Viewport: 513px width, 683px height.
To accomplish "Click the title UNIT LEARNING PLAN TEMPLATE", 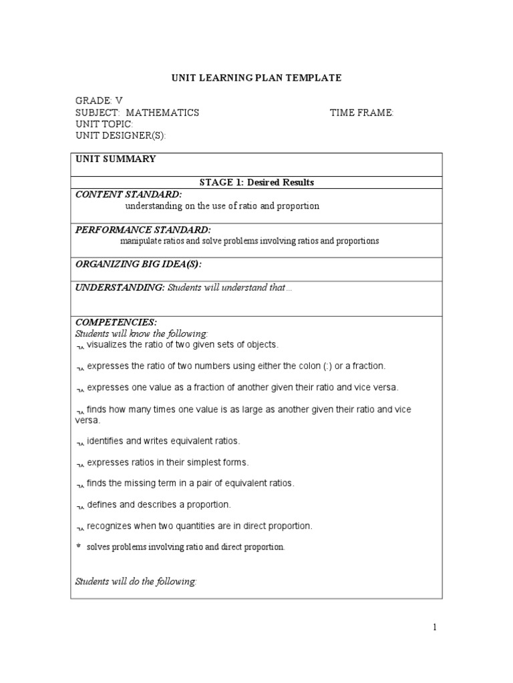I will pos(256,78).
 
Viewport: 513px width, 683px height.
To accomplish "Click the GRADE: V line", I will pos(99,101).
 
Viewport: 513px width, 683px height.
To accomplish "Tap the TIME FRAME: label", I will pos(361,113).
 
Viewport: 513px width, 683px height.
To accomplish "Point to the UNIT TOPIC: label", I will pos(104,125).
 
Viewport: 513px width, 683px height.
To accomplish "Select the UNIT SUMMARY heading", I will pos(116,159).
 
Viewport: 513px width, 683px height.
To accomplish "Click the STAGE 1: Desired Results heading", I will pos(256,182).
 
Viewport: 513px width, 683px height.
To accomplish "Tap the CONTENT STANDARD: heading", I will pos(128,194).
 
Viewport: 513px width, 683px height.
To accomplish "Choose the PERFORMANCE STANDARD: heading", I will pos(143,229).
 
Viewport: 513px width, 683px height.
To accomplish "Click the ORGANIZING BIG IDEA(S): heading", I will pos(138,264).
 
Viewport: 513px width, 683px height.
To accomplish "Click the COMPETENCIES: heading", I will pos(116,322).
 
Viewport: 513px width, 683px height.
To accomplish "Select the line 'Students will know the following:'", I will pos(142,333).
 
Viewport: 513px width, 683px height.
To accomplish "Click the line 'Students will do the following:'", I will pos(136,582).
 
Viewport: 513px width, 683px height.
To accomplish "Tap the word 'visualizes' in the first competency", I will pos(108,345).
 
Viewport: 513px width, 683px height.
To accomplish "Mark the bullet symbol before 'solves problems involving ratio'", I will pos(78,546).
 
